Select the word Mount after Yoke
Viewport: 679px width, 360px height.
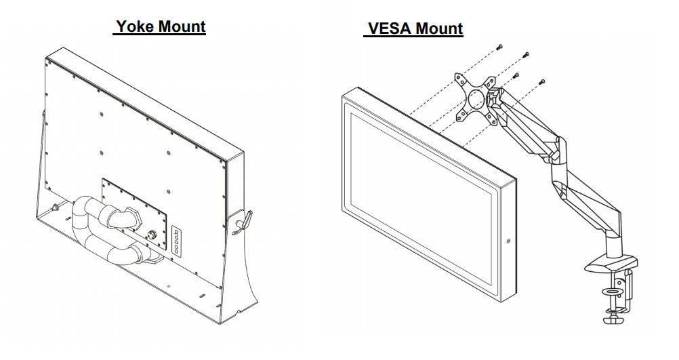tap(182, 27)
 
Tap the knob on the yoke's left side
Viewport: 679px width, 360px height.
tap(54, 205)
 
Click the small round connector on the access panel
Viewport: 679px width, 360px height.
tap(151, 234)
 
